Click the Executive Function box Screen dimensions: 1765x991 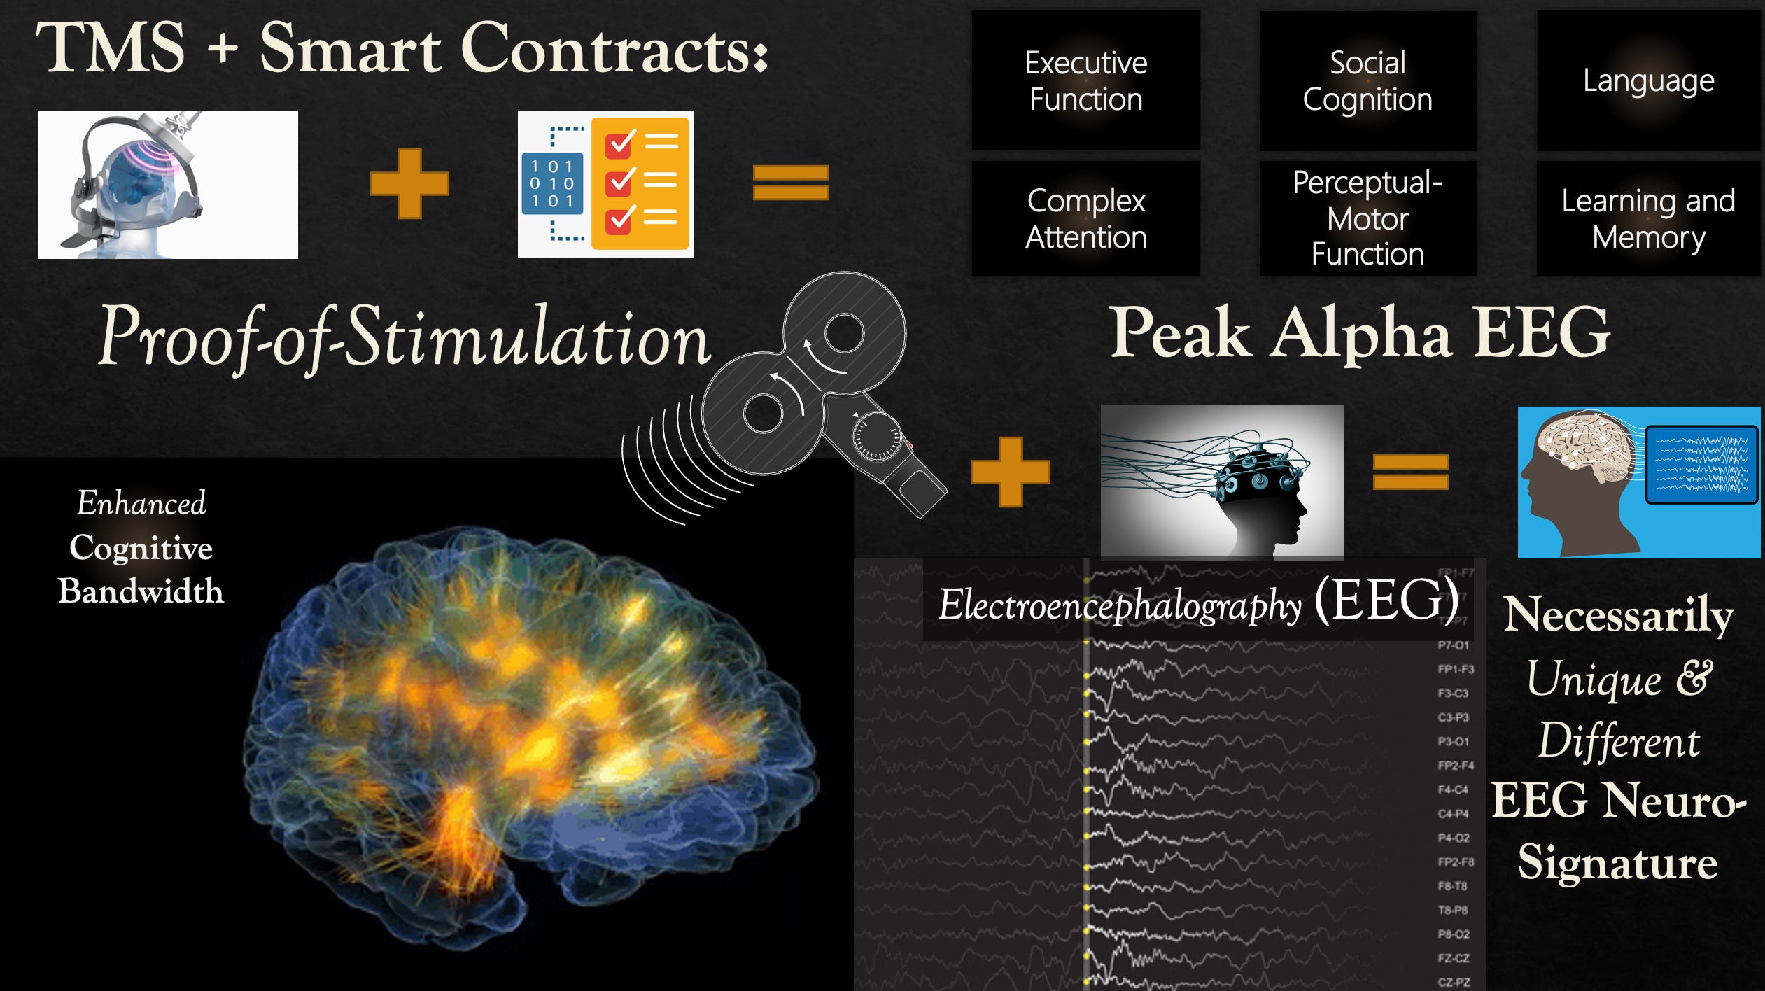(x=1085, y=80)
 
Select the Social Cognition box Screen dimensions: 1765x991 (x=1367, y=80)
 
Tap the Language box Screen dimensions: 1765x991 (x=1648, y=80)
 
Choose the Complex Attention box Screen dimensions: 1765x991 (x=1085, y=218)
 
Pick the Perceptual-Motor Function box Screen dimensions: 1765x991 (x=1367, y=218)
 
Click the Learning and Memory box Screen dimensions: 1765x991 (x=1648, y=218)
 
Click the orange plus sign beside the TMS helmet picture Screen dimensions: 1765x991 (x=409, y=183)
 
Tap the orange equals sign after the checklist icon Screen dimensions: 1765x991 (x=790, y=182)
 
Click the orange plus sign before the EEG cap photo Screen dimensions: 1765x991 (x=1011, y=472)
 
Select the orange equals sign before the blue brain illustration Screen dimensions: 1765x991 (x=1410, y=472)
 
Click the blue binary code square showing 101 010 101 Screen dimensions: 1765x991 (x=552, y=183)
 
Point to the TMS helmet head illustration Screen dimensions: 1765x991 (x=167, y=185)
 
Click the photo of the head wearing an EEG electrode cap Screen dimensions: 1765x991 (x=1222, y=482)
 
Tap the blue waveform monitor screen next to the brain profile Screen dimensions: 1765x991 (x=1701, y=465)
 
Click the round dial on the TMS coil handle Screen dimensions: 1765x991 (x=876, y=438)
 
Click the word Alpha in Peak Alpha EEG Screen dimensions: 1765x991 (x=1361, y=334)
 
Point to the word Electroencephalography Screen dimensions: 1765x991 (x=1120, y=605)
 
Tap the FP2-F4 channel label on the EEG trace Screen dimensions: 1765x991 (x=1456, y=765)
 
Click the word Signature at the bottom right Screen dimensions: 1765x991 (x=1617, y=862)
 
